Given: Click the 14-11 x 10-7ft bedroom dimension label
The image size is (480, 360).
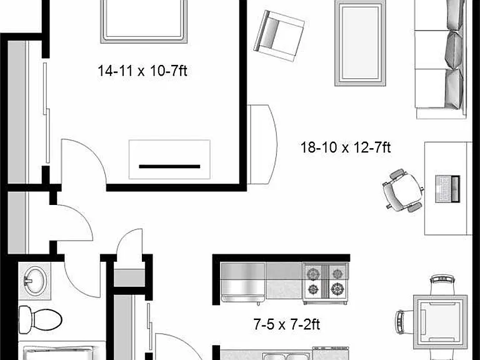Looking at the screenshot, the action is [x=142, y=71].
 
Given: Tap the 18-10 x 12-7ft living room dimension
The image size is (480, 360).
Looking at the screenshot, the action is [x=346, y=147].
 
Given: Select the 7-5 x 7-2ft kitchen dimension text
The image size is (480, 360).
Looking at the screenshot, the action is [x=287, y=324].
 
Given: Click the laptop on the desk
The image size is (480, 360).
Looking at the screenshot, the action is [x=447, y=189].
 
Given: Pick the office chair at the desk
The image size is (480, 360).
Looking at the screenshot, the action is [x=402, y=191].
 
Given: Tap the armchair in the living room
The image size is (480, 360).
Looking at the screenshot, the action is [x=279, y=36].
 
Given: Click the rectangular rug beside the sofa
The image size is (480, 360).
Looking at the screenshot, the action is [x=360, y=43].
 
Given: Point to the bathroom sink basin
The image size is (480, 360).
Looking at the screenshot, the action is [x=35, y=281].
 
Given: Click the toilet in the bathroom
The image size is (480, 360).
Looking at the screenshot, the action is [x=40, y=320].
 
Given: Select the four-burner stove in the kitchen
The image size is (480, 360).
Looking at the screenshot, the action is [x=326, y=283].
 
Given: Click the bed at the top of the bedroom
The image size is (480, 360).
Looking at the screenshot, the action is [x=144, y=21].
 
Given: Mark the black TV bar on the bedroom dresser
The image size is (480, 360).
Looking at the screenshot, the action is [x=169, y=166].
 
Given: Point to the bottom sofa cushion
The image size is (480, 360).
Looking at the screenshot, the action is [x=454, y=89].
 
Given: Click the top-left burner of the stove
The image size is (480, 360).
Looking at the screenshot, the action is [x=313, y=274].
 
